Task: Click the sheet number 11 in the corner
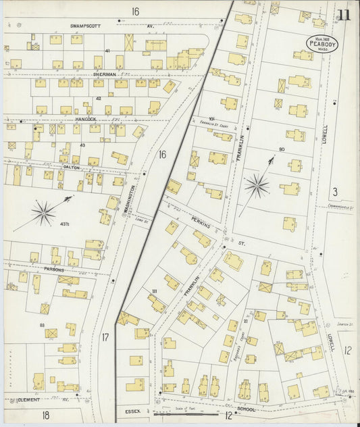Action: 344,16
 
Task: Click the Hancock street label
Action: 85,119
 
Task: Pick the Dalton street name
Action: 71,167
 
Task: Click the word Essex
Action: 132,409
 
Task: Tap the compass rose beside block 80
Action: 257,184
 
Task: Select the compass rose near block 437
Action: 43,215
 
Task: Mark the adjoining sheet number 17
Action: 105,336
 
